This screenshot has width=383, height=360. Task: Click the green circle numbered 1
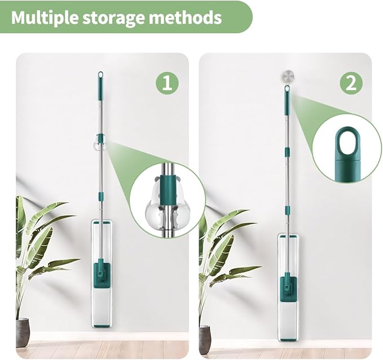(x=167, y=83)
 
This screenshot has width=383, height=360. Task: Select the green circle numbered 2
(x=351, y=83)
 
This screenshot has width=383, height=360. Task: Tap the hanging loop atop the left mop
(x=100, y=75)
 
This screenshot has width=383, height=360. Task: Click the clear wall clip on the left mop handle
(x=100, y=143)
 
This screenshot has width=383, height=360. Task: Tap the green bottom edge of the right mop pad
(x=289, y=339)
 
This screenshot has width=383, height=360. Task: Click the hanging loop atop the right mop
(x=287, y=88)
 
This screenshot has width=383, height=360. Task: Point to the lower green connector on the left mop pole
(x=100, y=195)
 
